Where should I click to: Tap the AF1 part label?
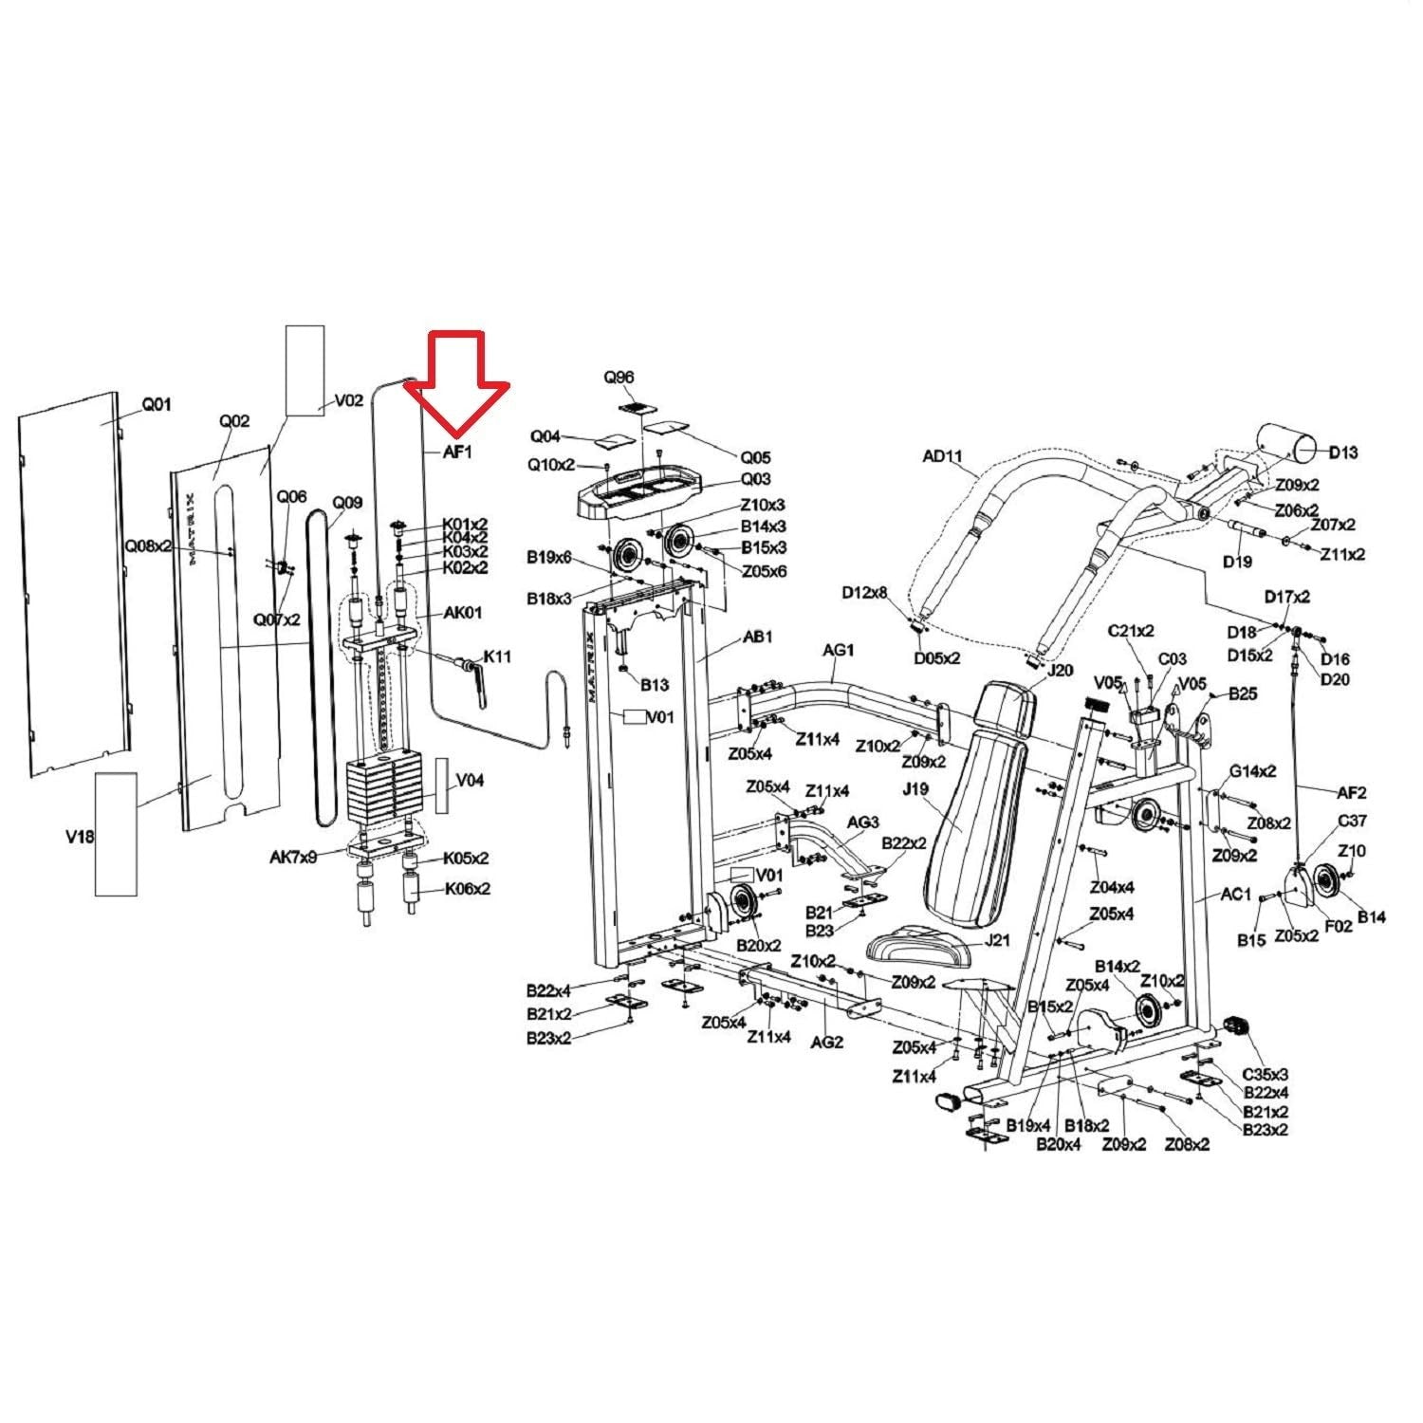(x=457, y=453)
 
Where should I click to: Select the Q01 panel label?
(x=157, y=405)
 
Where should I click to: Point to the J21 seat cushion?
(x=916, y=943)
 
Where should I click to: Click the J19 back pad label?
(x=915, y=789)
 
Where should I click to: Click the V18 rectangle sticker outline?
(x=116, y=833)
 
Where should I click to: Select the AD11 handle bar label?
(x=942, y=456)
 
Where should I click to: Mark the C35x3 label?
(x=1266, y=1075)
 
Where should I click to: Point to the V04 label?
(x=471, y=780)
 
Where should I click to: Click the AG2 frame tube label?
(x=826, y=1042)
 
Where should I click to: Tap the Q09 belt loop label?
(x=347, y=503)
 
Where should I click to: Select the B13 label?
(x=655, y=684)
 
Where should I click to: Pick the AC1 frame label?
(x=1237, y=895)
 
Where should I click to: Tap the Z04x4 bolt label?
(x=1112, y=888)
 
